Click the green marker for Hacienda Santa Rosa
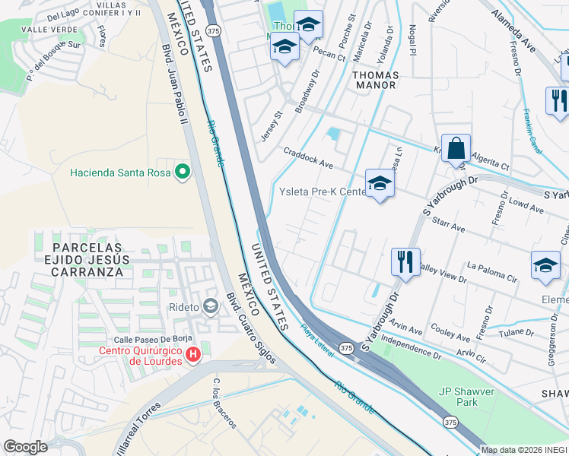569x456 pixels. pos(182,172)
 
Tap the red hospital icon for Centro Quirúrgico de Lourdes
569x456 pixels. pos(193,354)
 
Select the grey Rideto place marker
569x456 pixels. pos(210,307)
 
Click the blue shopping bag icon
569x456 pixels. pos(456,147)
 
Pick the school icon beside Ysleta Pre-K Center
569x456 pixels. pos(380,183)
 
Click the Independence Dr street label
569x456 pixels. pos(411,349)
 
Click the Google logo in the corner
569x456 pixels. pos(26,447)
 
